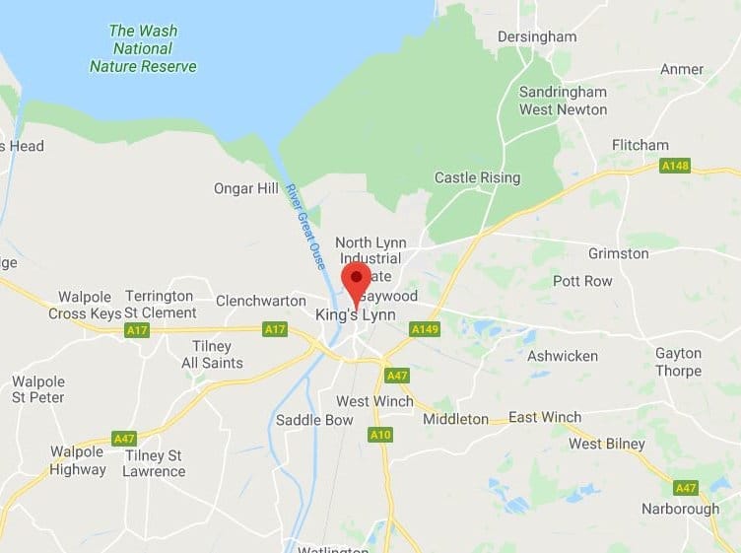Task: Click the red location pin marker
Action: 356,279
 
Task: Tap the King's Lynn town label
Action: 354,315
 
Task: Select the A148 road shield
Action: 675,166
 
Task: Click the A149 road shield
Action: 424,328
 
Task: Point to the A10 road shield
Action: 380,434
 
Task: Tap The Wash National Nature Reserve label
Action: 143,48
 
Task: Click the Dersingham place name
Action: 537,36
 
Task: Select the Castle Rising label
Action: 477,177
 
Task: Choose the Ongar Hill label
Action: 245,187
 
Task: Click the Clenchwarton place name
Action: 257,300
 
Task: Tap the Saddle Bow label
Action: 314,420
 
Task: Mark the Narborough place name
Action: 680,509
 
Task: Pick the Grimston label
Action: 618,253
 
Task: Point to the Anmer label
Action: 682,69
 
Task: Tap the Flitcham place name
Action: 640,145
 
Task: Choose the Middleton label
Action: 455,419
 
